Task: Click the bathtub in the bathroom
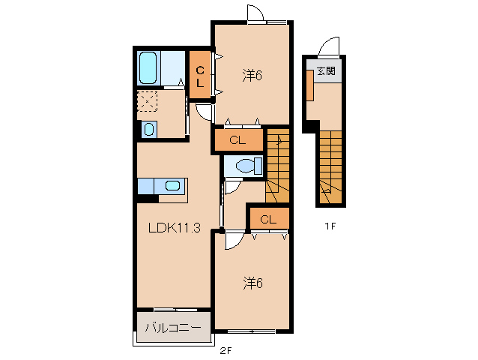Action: click(148, 69)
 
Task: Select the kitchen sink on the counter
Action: click(172, 186)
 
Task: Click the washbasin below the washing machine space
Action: click(148, 129)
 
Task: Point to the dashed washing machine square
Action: click(148, 101)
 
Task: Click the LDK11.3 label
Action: click(173, 228)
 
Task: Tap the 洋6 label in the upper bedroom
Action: click(252, 75)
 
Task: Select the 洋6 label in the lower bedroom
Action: click(252, 283)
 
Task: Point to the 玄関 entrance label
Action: click(325, 71)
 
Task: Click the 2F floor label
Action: click(225, 350)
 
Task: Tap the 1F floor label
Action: click(330, 225)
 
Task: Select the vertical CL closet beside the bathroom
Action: click(200, 76)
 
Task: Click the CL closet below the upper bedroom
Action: click(238, 139)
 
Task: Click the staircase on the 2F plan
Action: click(277, 165)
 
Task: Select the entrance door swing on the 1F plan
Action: click(327, 49)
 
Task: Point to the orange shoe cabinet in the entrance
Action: click(309, 86)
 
